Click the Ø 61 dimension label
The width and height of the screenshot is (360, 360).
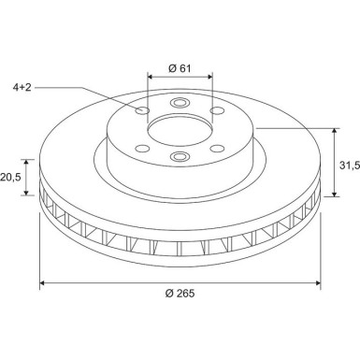[x=180, y=68]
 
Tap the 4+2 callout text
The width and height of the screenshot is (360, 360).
[x=22, y=87]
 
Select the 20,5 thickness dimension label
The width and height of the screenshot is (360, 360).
[x=10, y=178]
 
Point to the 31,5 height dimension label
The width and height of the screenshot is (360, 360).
[x=350, y=165]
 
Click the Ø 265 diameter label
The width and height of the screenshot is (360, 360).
[x=180, y=294]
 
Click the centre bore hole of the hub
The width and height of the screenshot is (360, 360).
[x=180, y=132]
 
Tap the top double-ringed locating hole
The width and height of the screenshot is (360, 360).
[x=180, y=103]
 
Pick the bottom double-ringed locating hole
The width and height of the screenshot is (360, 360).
[x=180, y=155]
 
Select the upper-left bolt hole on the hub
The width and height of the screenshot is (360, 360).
[x=143, y=110]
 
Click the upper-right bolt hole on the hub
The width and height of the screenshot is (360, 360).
[x=217, y=110]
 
